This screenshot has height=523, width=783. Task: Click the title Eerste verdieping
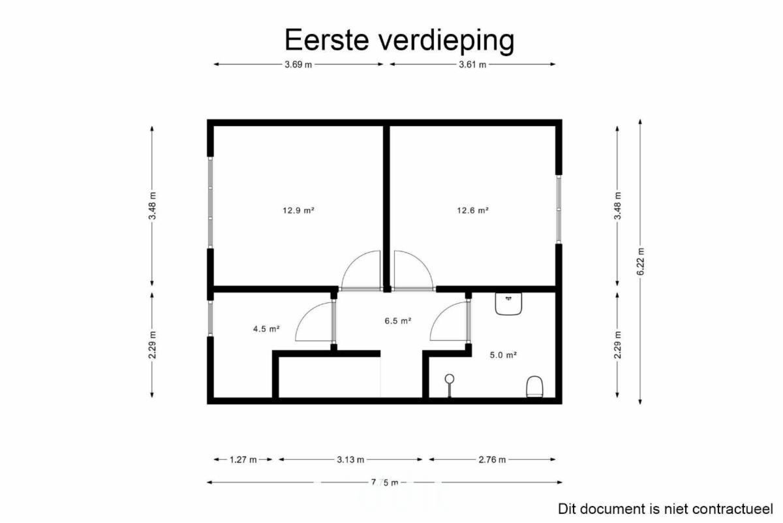point(399,40)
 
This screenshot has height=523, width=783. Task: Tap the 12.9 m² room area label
point(298,210)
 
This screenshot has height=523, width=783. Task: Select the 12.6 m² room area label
point(472,210)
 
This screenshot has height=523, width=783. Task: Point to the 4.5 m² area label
point(266,329)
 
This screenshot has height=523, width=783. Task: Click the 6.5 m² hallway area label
point(398,321)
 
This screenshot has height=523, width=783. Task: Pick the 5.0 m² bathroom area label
point(503,355)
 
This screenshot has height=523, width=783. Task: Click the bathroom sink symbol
point(508,304)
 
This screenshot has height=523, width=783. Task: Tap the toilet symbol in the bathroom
point(534,387)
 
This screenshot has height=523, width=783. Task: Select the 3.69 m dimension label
point(298,65)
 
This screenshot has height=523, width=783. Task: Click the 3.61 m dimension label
point(472,65)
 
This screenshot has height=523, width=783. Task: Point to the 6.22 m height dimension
point(640,262)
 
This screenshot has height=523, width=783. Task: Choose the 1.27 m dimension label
point(243,460)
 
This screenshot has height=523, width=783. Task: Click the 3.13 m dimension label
point(350,460)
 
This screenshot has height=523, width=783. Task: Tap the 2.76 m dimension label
point(492,460)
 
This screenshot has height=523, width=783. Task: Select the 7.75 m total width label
point(384,483)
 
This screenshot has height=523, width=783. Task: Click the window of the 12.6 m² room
point(559,209)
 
